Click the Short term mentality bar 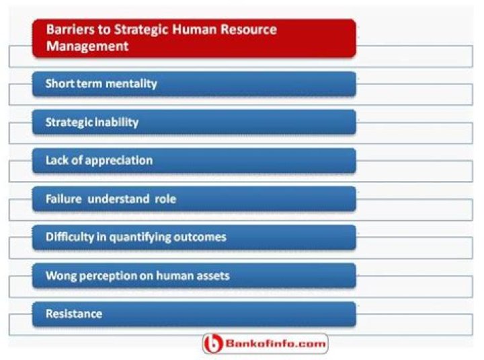coord(194,84)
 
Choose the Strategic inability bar coord(194,122)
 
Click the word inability coord(117,122)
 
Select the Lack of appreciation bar coord(194,161)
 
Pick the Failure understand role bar coord(194,199)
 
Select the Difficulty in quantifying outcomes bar coord(194,238)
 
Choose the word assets coord(212,276)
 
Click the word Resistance coord(73,314)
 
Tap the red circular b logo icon coord(213,344)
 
